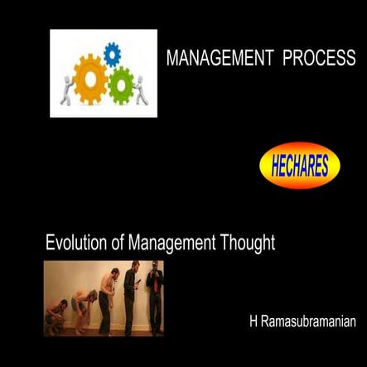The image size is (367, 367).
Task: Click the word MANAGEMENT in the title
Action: tap(220, 59)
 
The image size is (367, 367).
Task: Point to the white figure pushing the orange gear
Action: tap(65, 89)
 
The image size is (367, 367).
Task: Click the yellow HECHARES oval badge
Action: tap(300, 167)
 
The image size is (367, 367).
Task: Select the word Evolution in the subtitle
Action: tap(75, 243)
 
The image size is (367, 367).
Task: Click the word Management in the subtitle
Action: tap(170, 243)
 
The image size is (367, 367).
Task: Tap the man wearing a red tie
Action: tap(154, 296)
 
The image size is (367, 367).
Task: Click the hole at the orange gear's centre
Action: tap(89, 82)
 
